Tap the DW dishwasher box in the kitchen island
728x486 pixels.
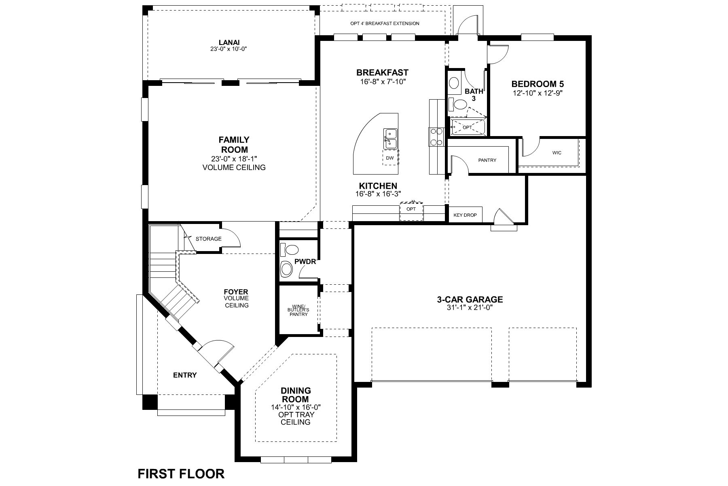coord(390,158)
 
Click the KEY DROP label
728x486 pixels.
coord(465,215)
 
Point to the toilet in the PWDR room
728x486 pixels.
coord(287,268)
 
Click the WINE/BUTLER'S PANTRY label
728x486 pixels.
coord(298,310)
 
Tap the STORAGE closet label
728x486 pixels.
coord(208,239)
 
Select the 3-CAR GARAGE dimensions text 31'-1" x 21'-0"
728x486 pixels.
coord(470,307)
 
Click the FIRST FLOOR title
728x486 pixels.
coord(181,473)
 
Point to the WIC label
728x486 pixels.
coord(557,153)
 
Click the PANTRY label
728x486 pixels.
coord(487,160)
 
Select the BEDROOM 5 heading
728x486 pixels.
coord(538,84)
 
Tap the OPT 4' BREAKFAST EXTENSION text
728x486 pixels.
coord(385,23)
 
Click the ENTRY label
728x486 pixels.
coord(185,375)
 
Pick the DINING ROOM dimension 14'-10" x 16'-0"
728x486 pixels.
coord(296,407)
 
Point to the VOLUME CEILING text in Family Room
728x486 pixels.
coord(234,167)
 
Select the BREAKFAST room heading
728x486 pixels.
coord(382,72)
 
